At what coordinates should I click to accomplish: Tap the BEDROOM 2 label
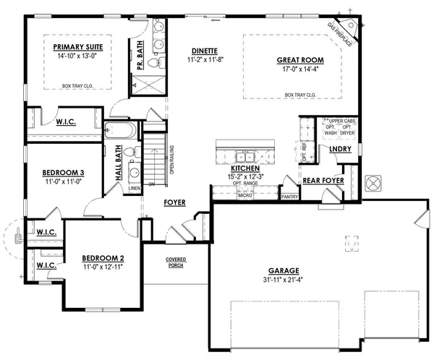[x=98, y=258]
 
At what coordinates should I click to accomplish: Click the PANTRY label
[x=289, y=196]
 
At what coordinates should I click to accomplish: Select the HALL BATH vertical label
[x=118, y=168]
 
